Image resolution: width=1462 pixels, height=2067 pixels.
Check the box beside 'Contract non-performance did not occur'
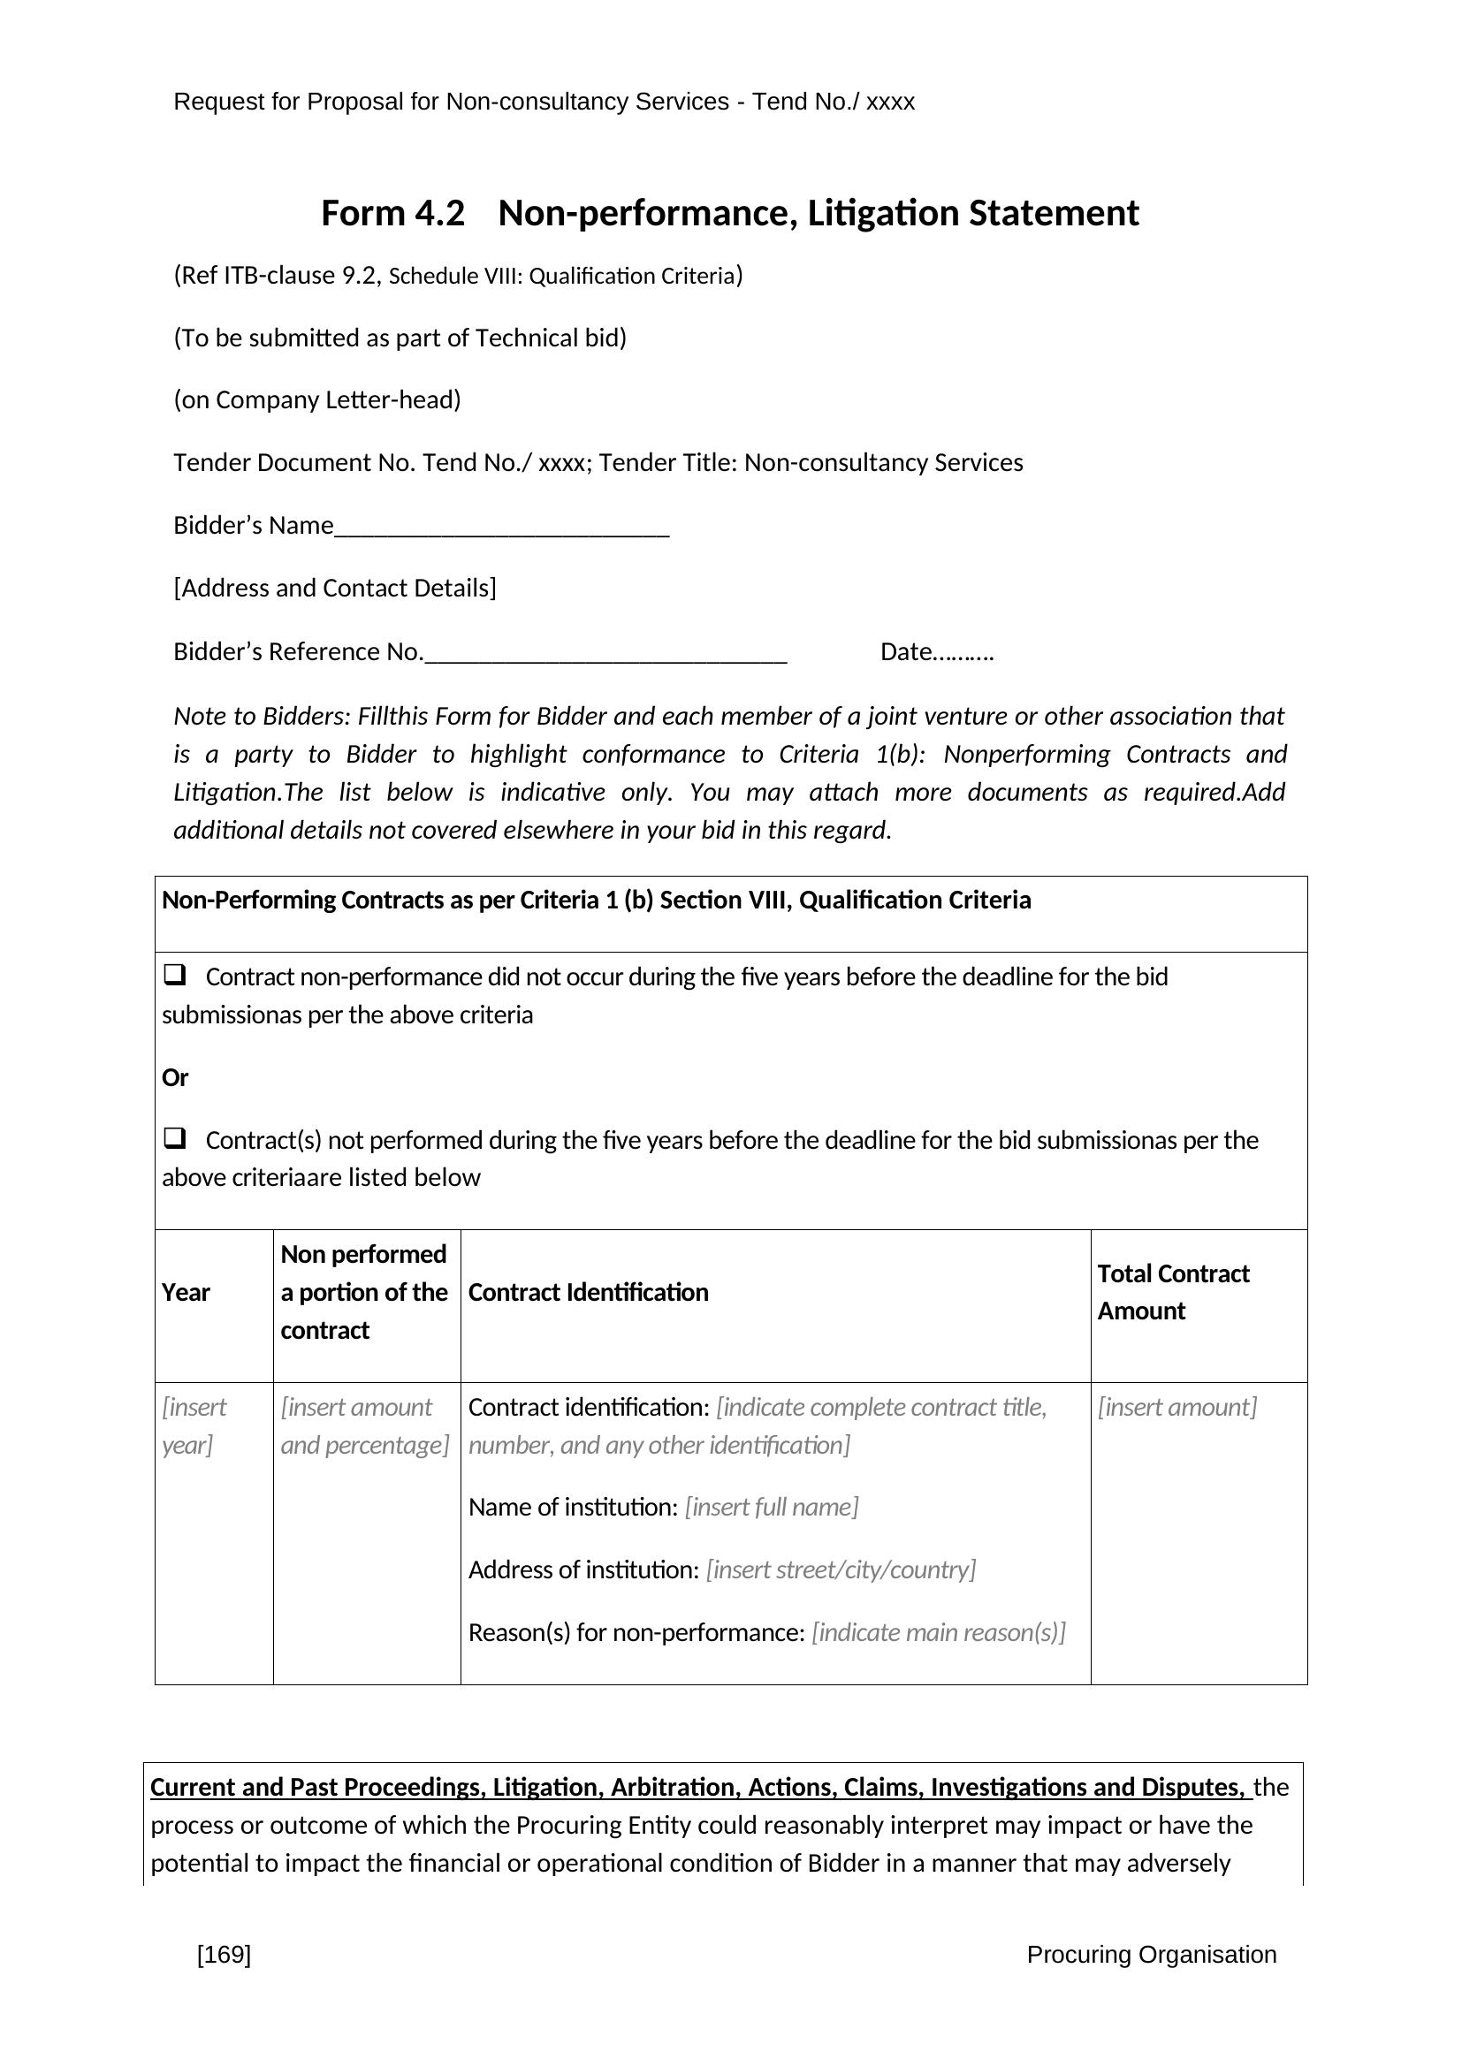tap(175, 974)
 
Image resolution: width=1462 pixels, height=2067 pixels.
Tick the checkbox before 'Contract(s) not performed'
tap(175, 1138)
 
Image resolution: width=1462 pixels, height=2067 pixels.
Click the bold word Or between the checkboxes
tap(175, 1077)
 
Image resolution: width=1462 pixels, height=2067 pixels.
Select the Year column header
tap(186, 1293)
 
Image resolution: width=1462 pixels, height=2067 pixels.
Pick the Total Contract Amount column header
tap(1172, 1292)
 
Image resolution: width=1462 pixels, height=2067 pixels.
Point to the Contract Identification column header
tap(588, 1293)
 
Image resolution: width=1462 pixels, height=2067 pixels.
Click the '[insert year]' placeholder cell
tap(194, 1426)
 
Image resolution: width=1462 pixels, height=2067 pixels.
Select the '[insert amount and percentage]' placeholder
tap(364, 1426)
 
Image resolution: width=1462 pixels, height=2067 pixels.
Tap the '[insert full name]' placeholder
tap(772, 1507)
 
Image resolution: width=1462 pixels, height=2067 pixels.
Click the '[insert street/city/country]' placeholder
tap(841, 1570)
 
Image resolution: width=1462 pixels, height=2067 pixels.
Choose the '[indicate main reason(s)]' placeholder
tap(938, 1632)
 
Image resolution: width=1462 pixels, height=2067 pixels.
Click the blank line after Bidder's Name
tap(501, 528)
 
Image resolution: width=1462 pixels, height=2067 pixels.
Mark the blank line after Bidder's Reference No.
tap(605, 654)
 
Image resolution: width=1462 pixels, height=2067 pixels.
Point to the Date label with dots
tap(936, 652)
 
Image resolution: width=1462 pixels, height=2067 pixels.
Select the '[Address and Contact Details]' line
tap(335, 589)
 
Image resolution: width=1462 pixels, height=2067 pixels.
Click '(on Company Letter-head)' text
tap(317, 399)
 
